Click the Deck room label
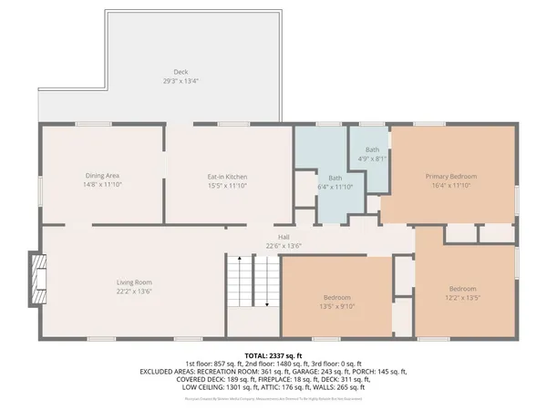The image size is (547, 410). point(181,72)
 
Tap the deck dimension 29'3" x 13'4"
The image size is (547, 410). point(181,80)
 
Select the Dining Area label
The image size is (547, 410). point(102,176)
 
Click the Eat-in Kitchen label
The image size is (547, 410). point(226,176)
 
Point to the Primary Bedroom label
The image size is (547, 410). point(450,176)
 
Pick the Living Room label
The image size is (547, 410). point(133,282)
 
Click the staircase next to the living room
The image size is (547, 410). point(252,282)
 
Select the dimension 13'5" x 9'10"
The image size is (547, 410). point(336,306)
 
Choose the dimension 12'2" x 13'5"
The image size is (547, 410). point(462,297)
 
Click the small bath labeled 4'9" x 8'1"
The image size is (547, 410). point(372,154)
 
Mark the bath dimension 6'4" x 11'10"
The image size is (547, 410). point(335,186)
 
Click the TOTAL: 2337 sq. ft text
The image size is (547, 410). point(273,354)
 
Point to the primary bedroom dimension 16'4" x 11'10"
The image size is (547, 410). point(450,185)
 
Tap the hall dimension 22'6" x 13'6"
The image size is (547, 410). point(284,245)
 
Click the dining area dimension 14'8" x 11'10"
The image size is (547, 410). point(102,185)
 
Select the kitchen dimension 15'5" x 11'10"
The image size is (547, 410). point(226,185)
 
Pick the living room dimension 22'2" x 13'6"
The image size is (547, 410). point(133,292)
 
